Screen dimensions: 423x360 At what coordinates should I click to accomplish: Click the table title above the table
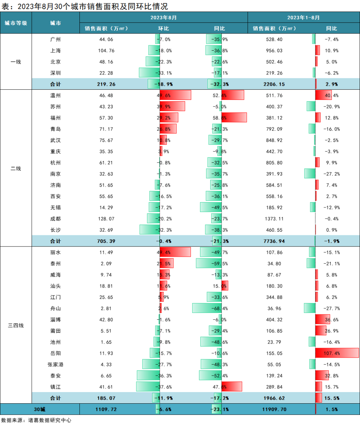coord(84,6)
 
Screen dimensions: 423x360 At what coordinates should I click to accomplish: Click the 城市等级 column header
coord(16,23)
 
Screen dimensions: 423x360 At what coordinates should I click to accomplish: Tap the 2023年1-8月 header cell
coord(304,17)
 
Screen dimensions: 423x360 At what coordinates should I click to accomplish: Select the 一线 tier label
coord(16,62)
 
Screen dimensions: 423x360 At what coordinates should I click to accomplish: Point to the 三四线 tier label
coord(16,325)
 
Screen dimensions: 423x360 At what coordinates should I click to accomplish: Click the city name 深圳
coord(56,73)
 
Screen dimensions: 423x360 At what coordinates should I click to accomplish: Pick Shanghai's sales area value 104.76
coord(106,51)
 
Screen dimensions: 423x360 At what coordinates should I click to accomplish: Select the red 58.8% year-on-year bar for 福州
coord(234,118)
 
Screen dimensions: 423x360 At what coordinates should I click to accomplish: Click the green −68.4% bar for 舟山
coord(207,308)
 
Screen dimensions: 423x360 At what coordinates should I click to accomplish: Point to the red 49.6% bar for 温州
coord(175,95)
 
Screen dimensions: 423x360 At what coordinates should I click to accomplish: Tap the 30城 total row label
coord(40,409)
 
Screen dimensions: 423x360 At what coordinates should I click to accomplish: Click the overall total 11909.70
coord(275,409)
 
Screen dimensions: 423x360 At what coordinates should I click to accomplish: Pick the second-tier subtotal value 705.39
coord(106,241)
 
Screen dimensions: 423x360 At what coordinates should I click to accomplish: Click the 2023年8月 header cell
coord(163,17)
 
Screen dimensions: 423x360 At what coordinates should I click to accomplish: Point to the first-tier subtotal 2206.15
coord(275,84)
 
